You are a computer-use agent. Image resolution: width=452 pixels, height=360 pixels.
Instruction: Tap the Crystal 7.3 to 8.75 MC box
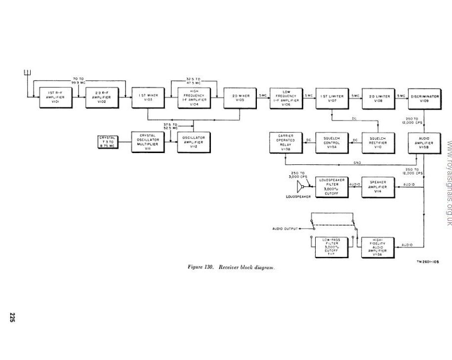(107, 142)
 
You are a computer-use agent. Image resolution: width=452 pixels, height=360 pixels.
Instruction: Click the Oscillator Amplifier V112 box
(193, 142)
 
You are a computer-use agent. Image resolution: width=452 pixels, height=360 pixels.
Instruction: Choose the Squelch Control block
(331, 142)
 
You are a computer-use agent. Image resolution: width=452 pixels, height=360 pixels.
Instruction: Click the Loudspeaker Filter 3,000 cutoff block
(331, 187)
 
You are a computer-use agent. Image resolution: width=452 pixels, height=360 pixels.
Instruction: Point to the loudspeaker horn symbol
(301, 187)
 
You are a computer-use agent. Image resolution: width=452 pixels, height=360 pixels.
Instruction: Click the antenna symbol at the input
(28, 74)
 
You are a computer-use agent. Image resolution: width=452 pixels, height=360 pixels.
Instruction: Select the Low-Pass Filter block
(331, 246)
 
